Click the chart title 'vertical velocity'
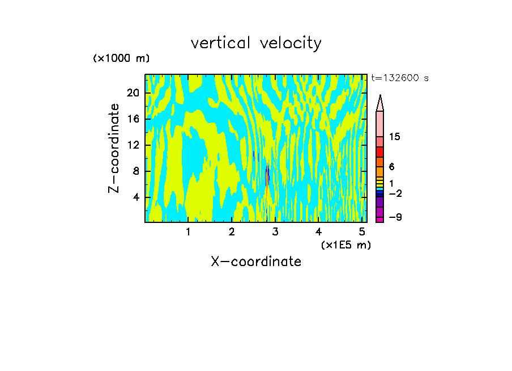pos(256,43)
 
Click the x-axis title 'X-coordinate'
pos(256,262)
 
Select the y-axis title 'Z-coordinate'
pos(114,148)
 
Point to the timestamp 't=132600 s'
pos(399,78)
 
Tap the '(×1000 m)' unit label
pos(121,58)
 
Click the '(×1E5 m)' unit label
pos(345,244)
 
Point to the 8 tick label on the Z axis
pos(136,171)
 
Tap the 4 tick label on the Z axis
pos(136,197)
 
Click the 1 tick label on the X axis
pos(188,232)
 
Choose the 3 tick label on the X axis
pos(275,232)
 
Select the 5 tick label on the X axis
pos(362,232)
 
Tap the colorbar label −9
pos(395,217)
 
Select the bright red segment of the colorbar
pos(380,152)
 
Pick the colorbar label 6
pos(392,167)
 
